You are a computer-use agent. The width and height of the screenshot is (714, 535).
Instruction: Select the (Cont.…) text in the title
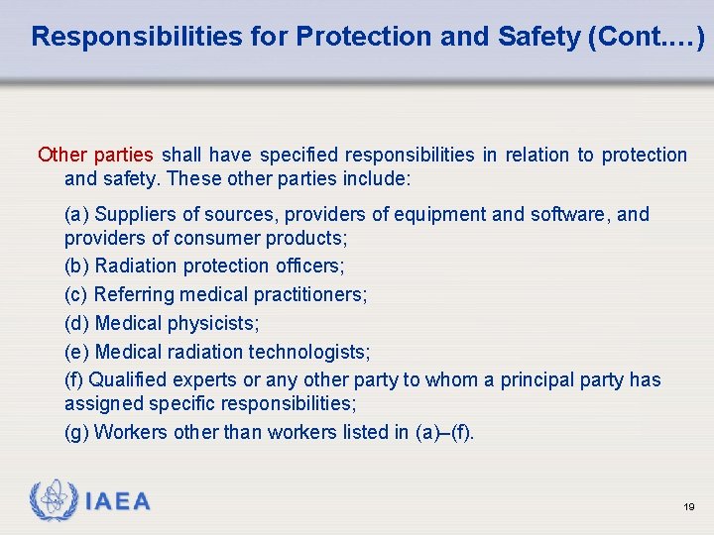pyautogui.click(x=647, y=38)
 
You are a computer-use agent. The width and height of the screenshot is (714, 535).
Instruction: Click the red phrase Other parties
pyautogui.click(x=95, y=155)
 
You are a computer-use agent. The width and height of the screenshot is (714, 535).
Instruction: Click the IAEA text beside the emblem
pyautogui.click(x=118, y=502)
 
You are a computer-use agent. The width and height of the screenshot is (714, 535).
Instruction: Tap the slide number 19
pyautogui.click(x=688, y=506)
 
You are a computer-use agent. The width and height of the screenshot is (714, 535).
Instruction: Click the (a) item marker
pyautogui.click(x=75, y=214)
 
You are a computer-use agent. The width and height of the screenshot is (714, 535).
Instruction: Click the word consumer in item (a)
pyautogui.click(x=212, y=239)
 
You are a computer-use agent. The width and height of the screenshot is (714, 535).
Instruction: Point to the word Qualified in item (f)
pyautogui.click(x=128, y=379)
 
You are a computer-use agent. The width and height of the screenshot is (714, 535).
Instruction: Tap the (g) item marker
pyautogui.click(x=76, y=432)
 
